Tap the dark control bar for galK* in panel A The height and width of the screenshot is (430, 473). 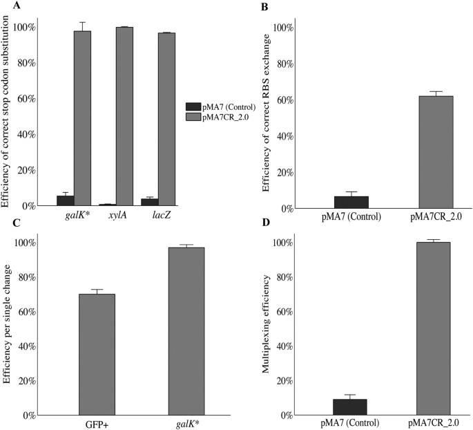point(66,200)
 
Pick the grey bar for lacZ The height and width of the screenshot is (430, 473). point(166,119)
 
